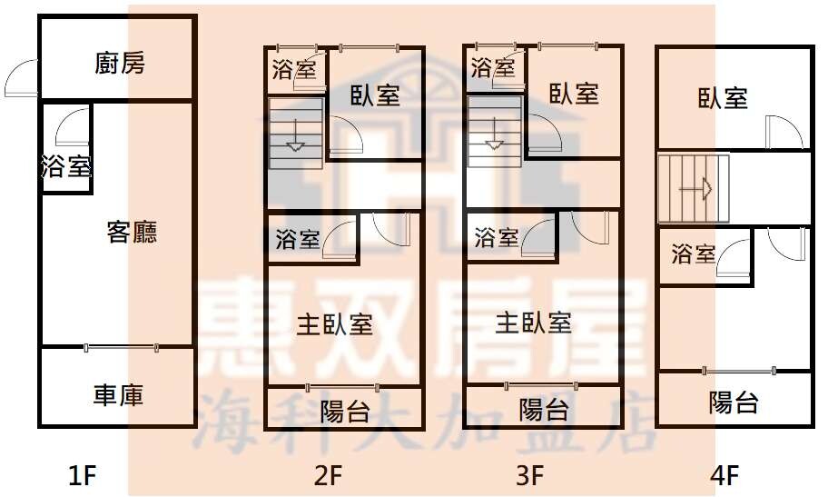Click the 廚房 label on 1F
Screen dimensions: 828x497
[120, 63]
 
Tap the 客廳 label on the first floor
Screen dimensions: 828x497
[132, 232]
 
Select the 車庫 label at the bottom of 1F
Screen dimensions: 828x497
[118, 395]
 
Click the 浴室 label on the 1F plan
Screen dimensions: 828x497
[66, 166]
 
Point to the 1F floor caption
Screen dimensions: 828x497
[83, 475]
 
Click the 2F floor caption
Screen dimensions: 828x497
[328, 475]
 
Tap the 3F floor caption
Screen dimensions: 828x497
[529, 475]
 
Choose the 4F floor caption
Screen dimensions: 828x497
[724, 475]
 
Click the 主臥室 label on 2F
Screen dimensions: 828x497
[335, 324]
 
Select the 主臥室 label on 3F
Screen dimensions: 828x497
[533, 323]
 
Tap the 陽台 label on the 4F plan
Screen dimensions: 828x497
[734, 403]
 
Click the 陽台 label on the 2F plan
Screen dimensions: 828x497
[345, 411]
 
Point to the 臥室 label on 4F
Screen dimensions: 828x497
[723, 98]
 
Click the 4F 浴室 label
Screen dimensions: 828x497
[694, 254]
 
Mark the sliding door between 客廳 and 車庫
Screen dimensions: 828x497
[121, 347]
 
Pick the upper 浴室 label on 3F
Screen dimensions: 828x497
[493, 67]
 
